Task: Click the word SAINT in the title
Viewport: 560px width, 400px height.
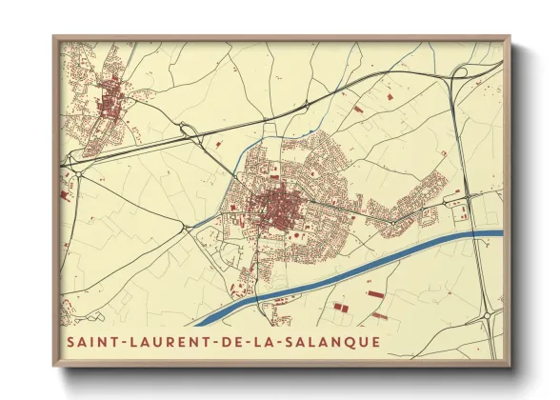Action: [91, 341]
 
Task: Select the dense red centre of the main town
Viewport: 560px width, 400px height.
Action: [277, 203]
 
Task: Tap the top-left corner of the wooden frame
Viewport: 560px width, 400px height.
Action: [53, 37]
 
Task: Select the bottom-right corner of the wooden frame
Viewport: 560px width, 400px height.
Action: [510, 367]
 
